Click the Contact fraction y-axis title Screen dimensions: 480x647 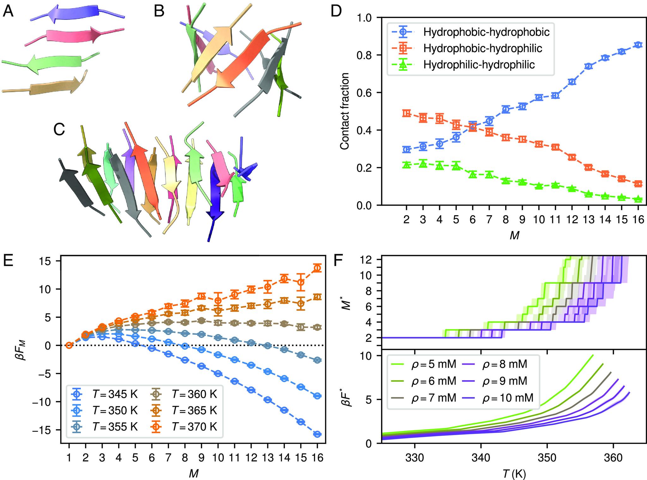tap(345, 111)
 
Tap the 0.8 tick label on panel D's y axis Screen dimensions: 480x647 tap(366, 55)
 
